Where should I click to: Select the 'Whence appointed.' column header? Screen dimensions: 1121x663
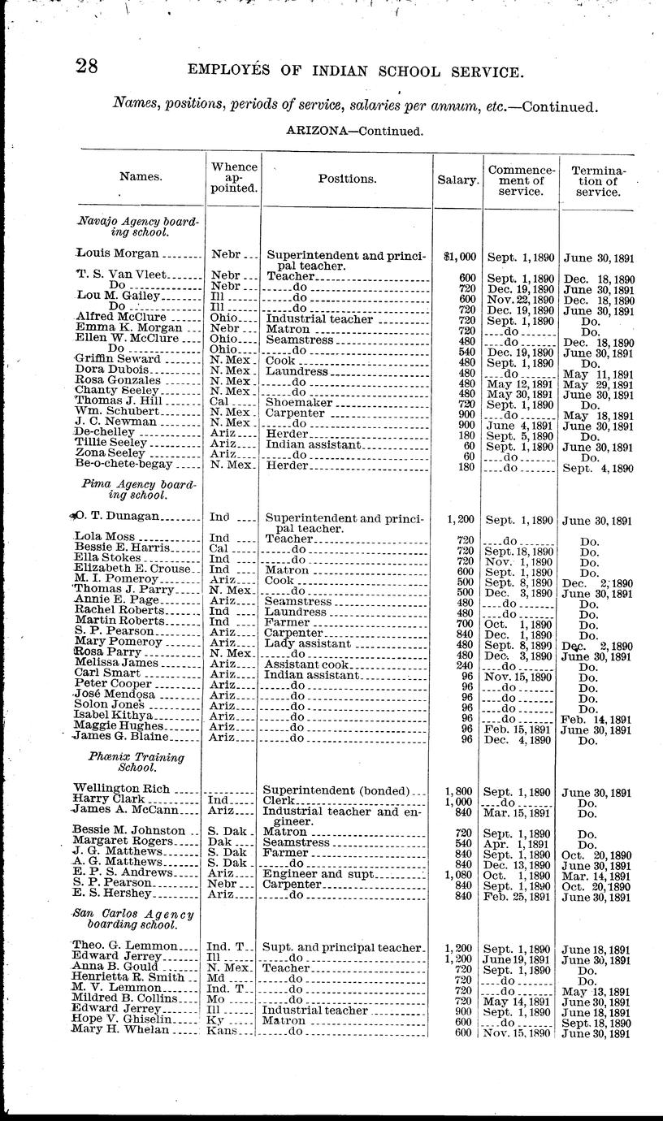(234, 177)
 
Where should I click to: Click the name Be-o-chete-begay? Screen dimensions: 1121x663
(123, 464)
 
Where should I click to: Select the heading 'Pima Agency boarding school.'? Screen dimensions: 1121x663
(139, 489)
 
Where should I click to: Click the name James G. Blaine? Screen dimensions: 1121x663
(120, 738)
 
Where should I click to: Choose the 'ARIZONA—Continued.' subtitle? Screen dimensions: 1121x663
(354, 130)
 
